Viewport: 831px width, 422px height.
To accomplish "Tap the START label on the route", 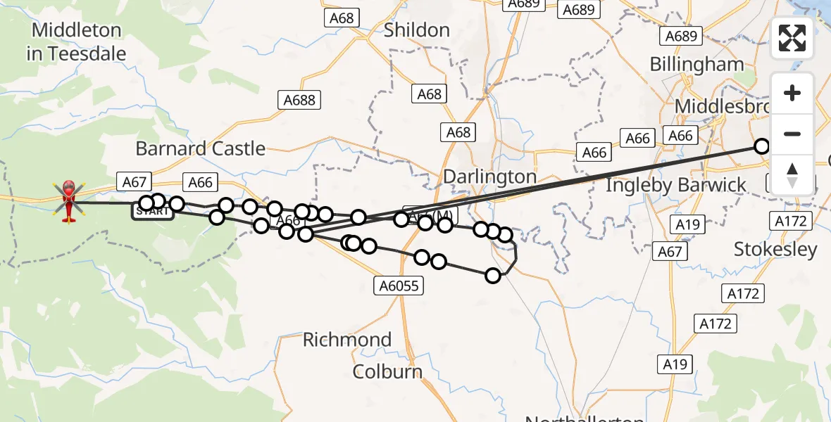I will click(x=151, y=211).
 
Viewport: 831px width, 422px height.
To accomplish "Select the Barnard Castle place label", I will click(x=200, y=149).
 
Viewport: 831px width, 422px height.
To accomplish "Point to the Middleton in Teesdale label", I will click(x=76, y=41).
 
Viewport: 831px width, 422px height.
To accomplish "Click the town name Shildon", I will click(x=417, y=30).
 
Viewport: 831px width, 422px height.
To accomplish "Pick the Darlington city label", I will click(x=490, y=177).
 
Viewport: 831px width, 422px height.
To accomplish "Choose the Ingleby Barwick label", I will click(x=676, y=185).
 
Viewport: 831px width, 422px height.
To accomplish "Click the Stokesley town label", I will click(x=775, y=249).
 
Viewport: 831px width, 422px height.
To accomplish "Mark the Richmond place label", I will click(x=347, y=340).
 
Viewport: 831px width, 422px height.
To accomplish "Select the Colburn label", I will click(x=388, y=371).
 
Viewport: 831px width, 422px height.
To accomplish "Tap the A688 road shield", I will click(x=299, y=100).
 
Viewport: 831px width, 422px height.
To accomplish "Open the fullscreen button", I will click(x=792, y=38).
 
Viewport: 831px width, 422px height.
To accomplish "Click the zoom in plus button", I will click(x=792, y=94).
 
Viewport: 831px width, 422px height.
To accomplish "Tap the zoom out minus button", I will click(x=792, y=134).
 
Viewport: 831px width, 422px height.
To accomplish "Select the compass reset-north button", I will click(x=792, y=174).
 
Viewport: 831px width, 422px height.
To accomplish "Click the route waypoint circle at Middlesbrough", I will click(x=762, y=146).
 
